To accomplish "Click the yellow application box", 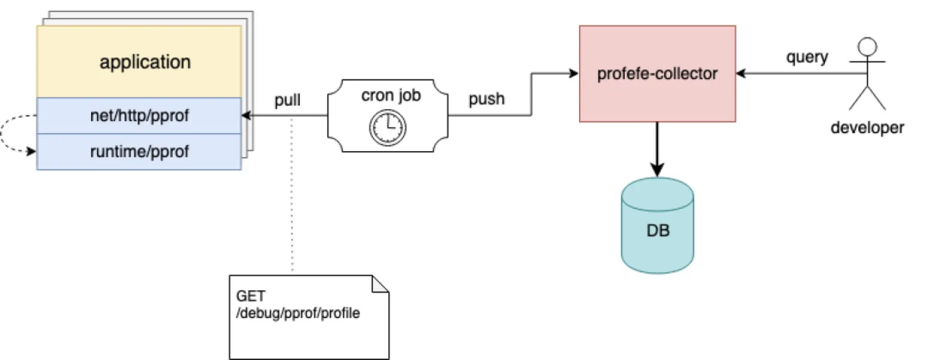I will pyautogui.click(x=139, y=62).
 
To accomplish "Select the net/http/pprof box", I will pyautogui.click(x=139, y=116).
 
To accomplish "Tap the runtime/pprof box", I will pyautogui.click(x=139, y=152).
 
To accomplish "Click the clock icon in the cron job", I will pyautogui.click(x=388, y=127).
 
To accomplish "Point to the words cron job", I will pyautogui.click(x=391, y=95).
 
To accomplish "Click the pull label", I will pyautogui.click(x=288, y=100).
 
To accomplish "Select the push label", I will pyautogui.click(x=486, y=100).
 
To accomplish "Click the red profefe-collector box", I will pyautogui.click(x=656, y=73).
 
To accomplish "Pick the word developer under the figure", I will pyautogui.click(x=867, y=129).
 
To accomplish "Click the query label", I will pyautogui.click(x=807, y=58).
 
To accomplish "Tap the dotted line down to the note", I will pyautogui.click(x=292, y=198).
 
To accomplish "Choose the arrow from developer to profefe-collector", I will pyautogui.click(x=791, y=74).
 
